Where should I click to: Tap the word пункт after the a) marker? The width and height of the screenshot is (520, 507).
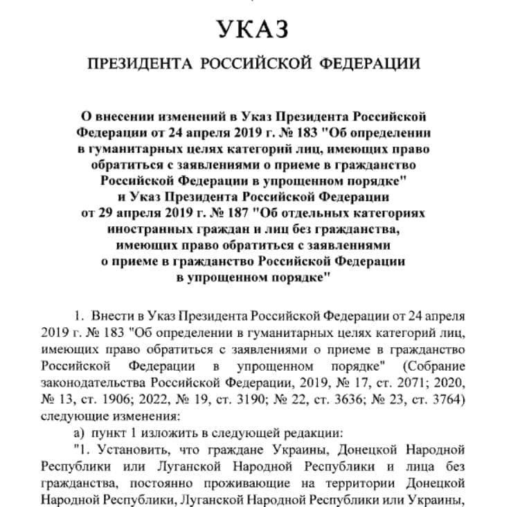click(x=104, y=432)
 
